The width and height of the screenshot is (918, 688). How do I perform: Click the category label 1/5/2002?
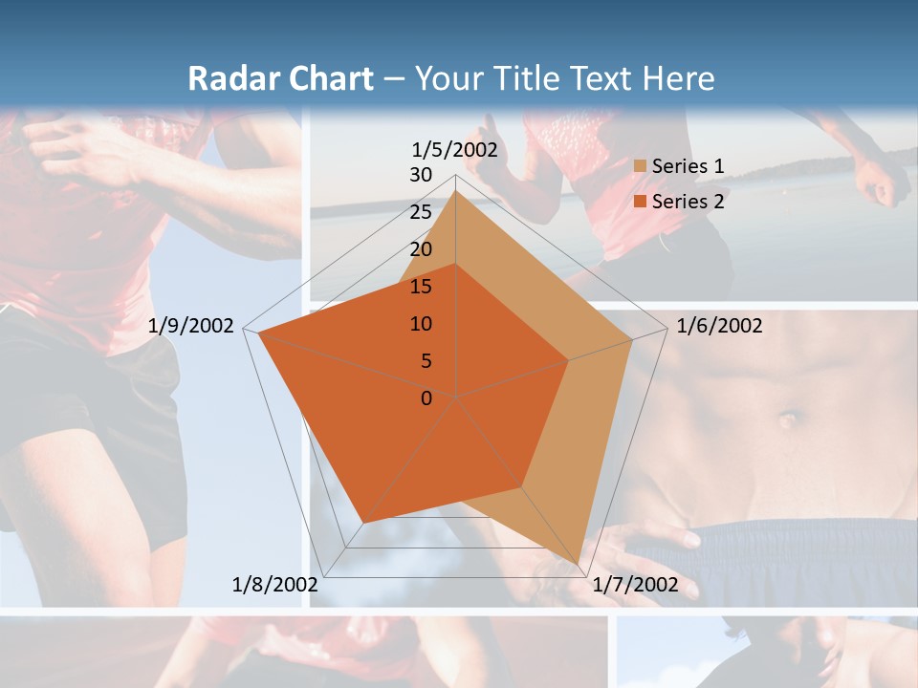pos(455,150)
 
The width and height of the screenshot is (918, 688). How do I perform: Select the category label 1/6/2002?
pos(719,326)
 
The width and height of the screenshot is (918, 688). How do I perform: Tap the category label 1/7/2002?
pos(635,585)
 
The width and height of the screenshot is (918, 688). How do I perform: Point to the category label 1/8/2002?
pos(275,585)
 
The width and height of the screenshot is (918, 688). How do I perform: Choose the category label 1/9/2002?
pos(191,326)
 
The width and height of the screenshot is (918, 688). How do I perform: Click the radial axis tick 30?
pos(421,176)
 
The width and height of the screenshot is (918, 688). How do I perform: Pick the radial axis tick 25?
pos(421,213)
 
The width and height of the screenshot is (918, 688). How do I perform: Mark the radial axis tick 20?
pos(421,250)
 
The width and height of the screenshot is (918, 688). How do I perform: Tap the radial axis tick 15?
pos(421,287)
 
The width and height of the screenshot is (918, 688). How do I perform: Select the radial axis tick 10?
pos(421,324)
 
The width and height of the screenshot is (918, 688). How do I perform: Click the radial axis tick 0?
pos(426,398)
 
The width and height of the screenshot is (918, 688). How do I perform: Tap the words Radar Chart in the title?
pos(280,78)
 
